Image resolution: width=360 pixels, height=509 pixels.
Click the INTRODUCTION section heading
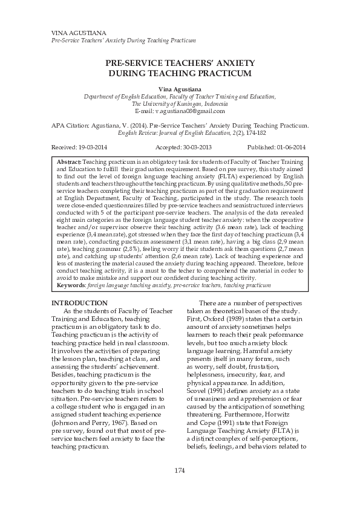76,302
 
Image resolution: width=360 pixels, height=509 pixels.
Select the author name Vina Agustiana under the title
179,89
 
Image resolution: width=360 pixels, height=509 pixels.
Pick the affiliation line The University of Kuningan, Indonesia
179,104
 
